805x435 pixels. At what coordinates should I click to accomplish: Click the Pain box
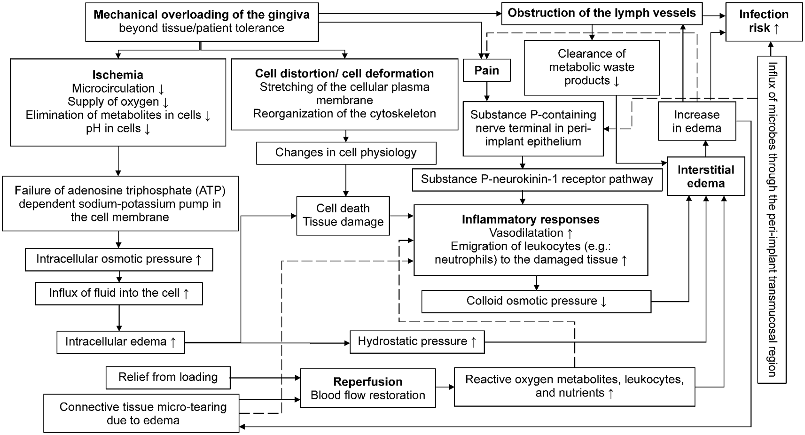point(486,70)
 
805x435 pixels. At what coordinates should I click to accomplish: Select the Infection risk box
point(764,22)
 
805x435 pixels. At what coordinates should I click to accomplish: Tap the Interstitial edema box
point(705,177)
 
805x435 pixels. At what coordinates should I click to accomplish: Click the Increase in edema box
point(696,121)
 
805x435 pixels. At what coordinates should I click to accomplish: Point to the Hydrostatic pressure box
point(417,342)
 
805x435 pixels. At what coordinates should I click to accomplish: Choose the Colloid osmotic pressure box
point(536,301)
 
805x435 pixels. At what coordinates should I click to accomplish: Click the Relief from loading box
point(168,377)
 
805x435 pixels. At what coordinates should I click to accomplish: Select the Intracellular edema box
point(120,342)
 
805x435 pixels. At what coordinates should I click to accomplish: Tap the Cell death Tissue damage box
point(343,215)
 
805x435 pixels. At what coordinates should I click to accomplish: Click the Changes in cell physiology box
point(346,153)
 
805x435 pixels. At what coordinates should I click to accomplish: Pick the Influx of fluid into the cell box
point(119,293)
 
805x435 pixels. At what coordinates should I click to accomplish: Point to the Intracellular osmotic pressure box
point(119,259)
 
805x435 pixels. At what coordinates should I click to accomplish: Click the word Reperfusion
point(367,382)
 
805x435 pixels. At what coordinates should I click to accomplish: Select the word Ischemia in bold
point(117,75)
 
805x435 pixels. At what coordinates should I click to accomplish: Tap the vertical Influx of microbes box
point(771,219)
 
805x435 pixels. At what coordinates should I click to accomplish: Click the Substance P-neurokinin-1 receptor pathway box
point(537,179)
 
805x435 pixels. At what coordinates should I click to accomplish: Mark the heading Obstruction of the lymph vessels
point(602,13)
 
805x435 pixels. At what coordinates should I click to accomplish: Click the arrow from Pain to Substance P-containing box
point(486,92)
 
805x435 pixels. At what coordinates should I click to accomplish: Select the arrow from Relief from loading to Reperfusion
point(266,377)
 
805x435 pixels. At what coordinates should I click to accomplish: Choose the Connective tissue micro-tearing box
point(142,413)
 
